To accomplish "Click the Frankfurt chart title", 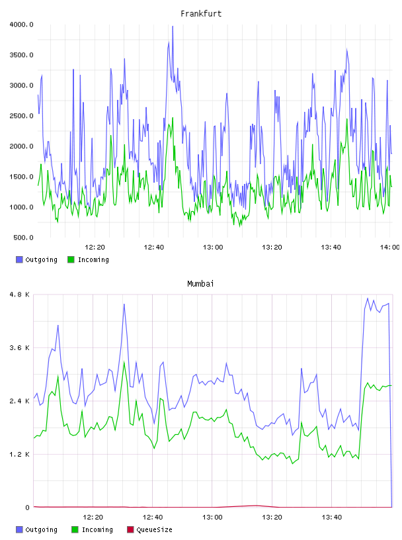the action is [x=201, y=14].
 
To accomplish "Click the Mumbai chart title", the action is [x=200, y=284].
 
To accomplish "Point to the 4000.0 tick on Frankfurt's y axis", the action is [x=21, y=24].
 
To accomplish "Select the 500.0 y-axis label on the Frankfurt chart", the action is [x=23, y=238].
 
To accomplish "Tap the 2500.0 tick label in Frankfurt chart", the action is [x=21, y=116].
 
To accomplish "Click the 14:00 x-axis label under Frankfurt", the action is [x=389, y=247].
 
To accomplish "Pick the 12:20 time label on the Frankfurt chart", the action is [x=95, y=247].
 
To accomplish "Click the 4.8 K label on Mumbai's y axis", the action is [x=20, y=294].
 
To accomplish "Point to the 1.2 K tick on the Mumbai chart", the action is [x=20, y=454].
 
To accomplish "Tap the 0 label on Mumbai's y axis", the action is [x=28, y=508].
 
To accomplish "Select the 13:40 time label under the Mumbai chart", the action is [x=332, y=517].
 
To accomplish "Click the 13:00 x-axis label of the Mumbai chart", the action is [x=212, y=517].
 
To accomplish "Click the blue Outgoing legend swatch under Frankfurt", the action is [x=19, y=259].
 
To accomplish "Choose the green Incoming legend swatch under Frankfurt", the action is [x=71, y=259].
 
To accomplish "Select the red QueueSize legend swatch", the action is [x=130, y=529].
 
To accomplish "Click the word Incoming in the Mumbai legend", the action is [x=97, y=530].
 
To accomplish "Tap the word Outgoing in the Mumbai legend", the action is [x=41, y=530].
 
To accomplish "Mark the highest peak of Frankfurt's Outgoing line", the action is [x=173, y=26].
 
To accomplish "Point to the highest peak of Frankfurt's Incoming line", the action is [x=173, y=118].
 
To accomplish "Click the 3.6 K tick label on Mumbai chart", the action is [x=20, y=348].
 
